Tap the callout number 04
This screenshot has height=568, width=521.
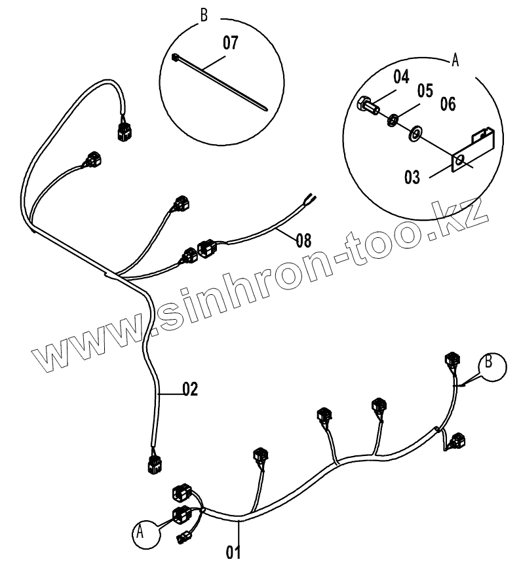(x=400, y=78)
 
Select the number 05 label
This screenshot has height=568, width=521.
(x=425, y=90)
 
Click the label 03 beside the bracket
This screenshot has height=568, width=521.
(x=412, y=178)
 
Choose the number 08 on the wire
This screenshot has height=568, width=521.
(x=303, y=240)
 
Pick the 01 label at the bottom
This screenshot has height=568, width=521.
(x=233, y=551)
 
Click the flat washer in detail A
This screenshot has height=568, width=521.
(x=415, y=135)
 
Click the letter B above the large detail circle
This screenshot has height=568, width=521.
(x=204, y=14)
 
